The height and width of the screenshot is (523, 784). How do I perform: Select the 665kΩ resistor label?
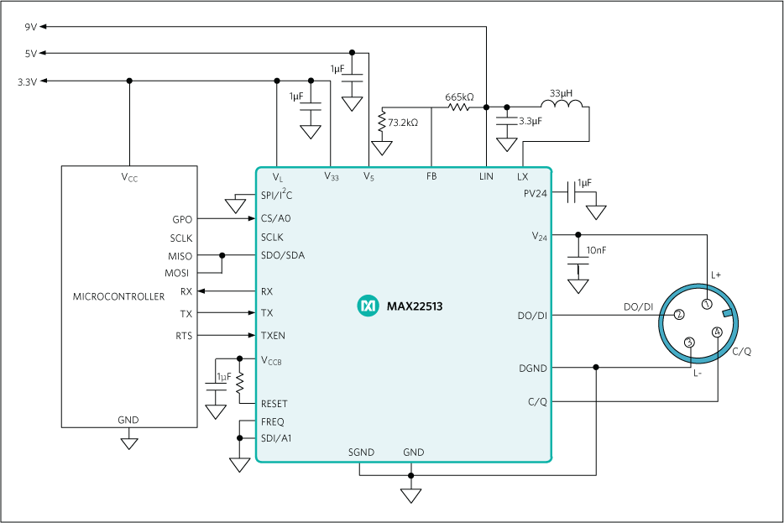pyautogui.click(x=459, y=97)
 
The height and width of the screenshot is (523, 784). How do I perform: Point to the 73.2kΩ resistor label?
pyautogui.click(x=403, y=123)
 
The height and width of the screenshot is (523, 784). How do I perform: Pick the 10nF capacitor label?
pyautogui.click(x=598, y=250)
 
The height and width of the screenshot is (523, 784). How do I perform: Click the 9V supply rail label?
pyautogui.click(x=30, y=27)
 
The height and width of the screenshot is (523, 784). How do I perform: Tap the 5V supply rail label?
pyautogui.click(x=30, y=54)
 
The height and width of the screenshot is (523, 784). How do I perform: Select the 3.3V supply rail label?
pyautogui.click(x=27, y=81)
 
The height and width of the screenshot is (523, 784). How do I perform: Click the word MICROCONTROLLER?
pyautogui.click(x=119, y=296)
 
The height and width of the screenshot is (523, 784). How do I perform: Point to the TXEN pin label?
pyautogui.click(x=273, y=335)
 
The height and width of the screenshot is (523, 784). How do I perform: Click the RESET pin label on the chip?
pyautogui.click(x=274, y=404)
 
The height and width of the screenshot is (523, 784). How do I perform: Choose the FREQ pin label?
pyautogui.click(x=273, y=421)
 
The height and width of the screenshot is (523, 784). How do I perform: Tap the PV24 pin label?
pyautogui.click(x=535, y=194)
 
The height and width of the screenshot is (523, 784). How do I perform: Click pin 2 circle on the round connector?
pyautogui.click(x=679, y=315)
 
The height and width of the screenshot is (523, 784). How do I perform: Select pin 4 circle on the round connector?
pyautogui.click(x=716, y=332)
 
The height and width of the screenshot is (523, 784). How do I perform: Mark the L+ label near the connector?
pyautogui.click(x=717, y=275)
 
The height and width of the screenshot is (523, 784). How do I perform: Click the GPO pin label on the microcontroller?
pyautogui.click(x=182, y=219)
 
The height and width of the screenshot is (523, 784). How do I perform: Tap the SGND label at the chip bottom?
pyautogui.click(x=362, y=452)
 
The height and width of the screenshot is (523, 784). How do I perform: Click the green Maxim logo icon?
pyautogui.click(x=368, y=306)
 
